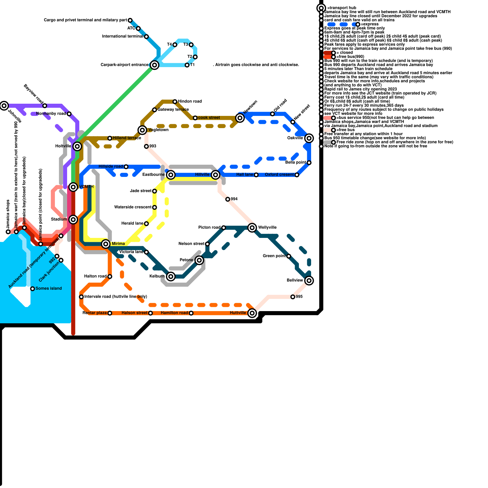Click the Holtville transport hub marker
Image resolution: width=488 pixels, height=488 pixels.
(x=77, y=146)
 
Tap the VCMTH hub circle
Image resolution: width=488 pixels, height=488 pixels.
(x=73, y=187)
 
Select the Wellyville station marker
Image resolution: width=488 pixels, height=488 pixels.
(x=252, y=228)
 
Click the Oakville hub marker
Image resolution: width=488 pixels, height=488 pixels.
(x=309, y=138)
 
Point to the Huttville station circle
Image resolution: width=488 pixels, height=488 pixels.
(x=252, y=313)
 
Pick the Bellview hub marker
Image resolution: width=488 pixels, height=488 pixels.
(x=309, y=281)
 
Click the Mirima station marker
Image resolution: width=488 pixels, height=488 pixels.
(x=106, y=244)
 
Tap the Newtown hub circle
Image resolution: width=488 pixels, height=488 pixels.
(x=240, y=118)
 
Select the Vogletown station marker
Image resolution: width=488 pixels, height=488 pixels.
(x=142, y=130)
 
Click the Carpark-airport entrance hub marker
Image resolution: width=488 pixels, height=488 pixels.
(x=155, y=65)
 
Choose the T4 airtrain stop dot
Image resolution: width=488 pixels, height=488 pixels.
(x=175, y=45)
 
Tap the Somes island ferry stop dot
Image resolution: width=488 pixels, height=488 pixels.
(x=33, y=289)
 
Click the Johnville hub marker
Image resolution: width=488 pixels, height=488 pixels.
(x=4, y=106)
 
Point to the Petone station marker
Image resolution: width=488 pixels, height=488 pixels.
(x=199, y=260)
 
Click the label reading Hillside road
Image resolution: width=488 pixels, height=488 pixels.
(x=110, y=167)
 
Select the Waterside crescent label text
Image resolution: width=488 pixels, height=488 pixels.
(x=133, y=207)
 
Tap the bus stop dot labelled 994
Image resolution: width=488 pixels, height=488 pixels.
(x=228, y=199)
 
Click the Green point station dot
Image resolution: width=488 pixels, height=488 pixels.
(x=289, y=256)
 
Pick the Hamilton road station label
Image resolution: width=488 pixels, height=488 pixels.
(x=174, y=313)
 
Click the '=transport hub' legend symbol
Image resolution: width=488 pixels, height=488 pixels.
(x=321, y=8)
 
